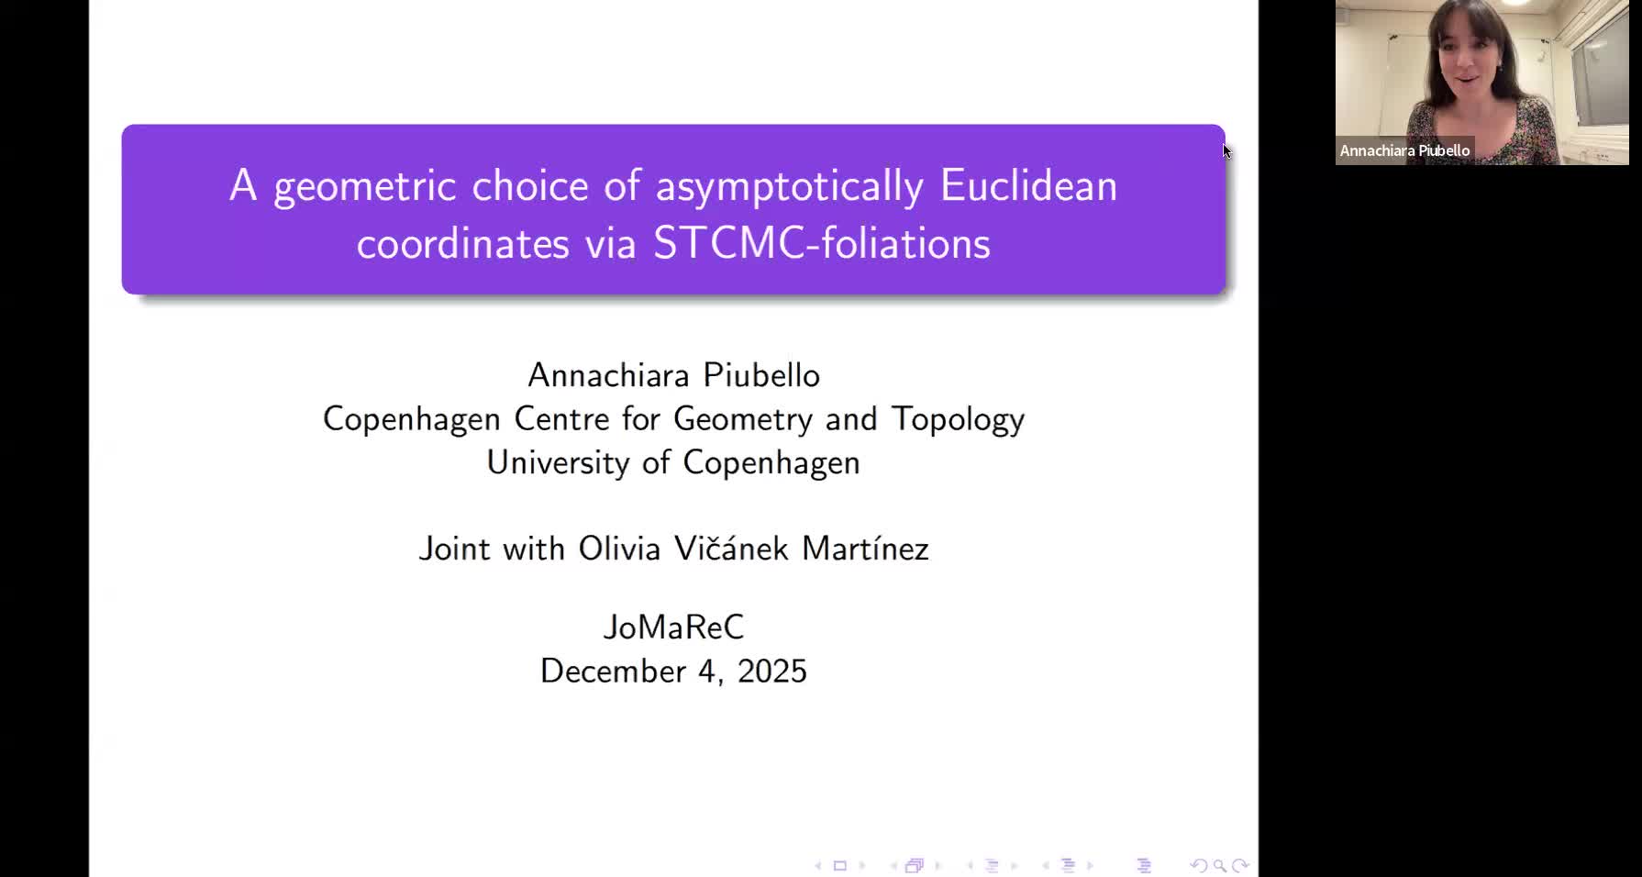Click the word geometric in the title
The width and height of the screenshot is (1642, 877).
tap(364, 187)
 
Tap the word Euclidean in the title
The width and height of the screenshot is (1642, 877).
tap(1028, 186)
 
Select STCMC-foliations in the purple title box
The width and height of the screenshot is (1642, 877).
tap(821, 244)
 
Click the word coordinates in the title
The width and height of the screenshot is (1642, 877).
tap(462, 244)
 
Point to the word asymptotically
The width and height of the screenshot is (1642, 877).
tap(789, 187)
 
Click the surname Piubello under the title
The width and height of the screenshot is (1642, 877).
tap(760, 375)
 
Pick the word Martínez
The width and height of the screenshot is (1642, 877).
tap(865, 549)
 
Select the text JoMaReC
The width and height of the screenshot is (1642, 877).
tap(673, 627)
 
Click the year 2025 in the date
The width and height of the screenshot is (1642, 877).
tap(771, 672)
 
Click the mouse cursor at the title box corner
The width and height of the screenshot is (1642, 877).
tap(1226, 150)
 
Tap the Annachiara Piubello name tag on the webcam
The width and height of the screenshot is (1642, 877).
tap(1404, 150)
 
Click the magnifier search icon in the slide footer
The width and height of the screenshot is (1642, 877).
tap(1219, 865)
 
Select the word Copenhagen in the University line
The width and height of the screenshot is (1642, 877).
tap(771, 462)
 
